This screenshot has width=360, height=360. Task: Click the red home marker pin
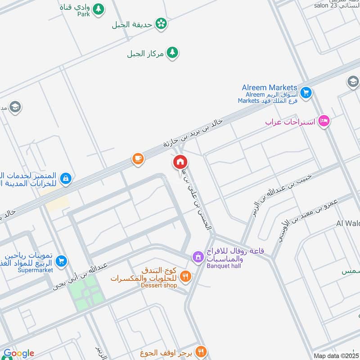pyautogui.click(x=180, y=162)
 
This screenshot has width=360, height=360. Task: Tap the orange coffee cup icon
pyautogui.click(x=138, y=158)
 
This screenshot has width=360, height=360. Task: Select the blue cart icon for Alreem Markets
pyautogui.click(x=306, y=93)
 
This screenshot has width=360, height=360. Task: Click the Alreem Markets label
pyautogui.click(x=270, y=87)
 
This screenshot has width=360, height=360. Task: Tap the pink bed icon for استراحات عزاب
pyautogui.click(x=324, y=121)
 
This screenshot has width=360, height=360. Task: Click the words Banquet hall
pyautogui.click(x=224, y=266)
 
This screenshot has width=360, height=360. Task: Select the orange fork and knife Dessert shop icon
pyautogui.click(x=185, y=275)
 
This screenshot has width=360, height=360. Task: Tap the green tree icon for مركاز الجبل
pyautogui.click(x=172, y=53)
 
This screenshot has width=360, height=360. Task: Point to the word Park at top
pyautogui.click(x=83, y=14)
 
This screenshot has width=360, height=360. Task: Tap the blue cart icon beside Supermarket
pyautogui.click(x=62, y=261)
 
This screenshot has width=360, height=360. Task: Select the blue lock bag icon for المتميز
pyautogui.click(x=66, y=178)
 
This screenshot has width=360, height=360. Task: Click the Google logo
pyautogui.click(x=19, y=353)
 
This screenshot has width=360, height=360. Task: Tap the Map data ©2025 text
pyautogui.click(x=336, y=355)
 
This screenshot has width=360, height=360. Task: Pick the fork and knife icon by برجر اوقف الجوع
pyautogui.click(x=201, y=351)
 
